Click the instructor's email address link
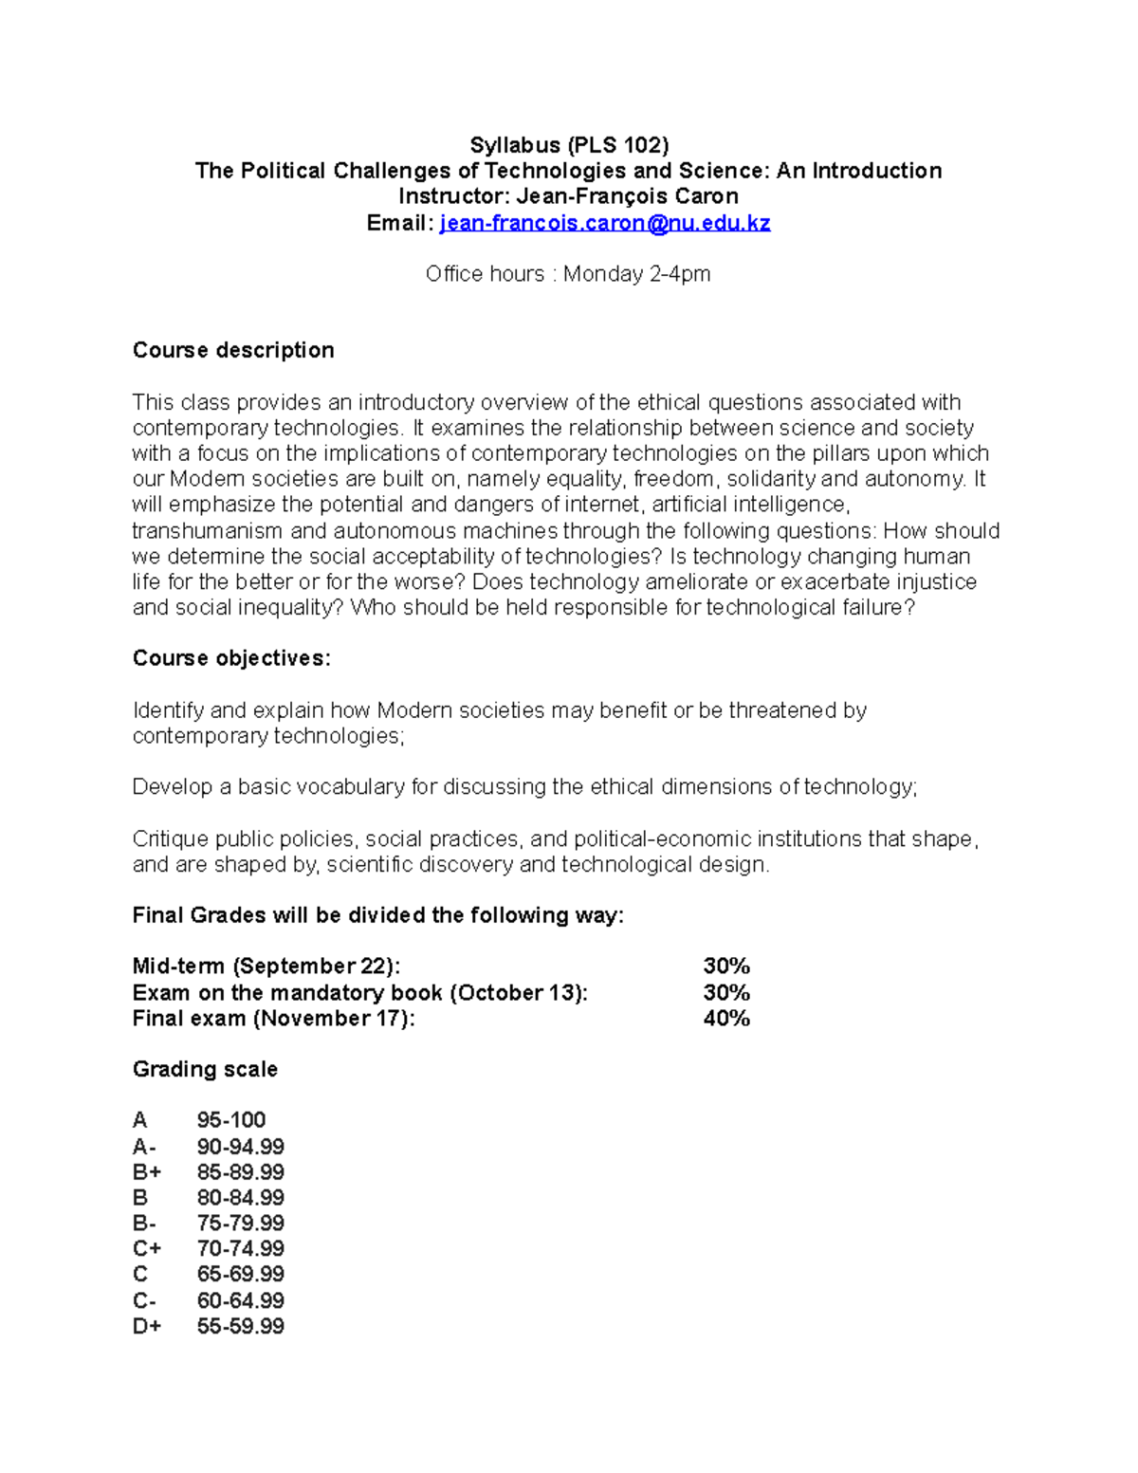coord(605,223)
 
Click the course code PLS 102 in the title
coord(617,145)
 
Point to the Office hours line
coord(568,274)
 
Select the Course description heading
coord(233,350)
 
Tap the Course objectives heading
coord(231,658)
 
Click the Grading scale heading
coord(205,1069)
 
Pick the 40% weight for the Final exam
coord(726,1018)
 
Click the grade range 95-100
coord(231,1120)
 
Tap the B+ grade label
coord(147,1172)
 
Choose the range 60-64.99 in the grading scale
coord(241,1300)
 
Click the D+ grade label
coord(147,1326)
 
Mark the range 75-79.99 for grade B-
coord(241,1224)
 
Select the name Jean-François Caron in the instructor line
coord(627,196)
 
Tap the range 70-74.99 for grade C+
coord(241,1249)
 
